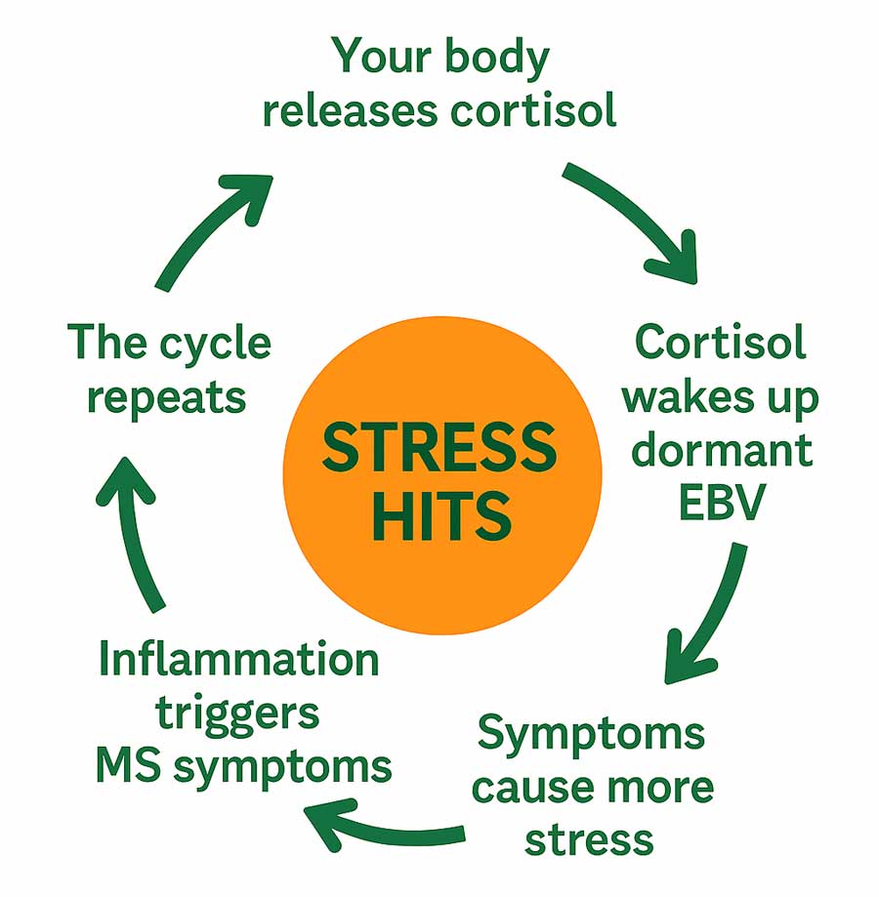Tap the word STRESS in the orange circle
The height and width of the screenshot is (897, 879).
click(x=439, y=450)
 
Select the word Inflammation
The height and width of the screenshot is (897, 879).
click(x=238, y=661)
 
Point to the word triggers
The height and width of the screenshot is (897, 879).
click(x=238, y=714)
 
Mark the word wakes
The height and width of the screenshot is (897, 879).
click(x=681, y=398)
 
